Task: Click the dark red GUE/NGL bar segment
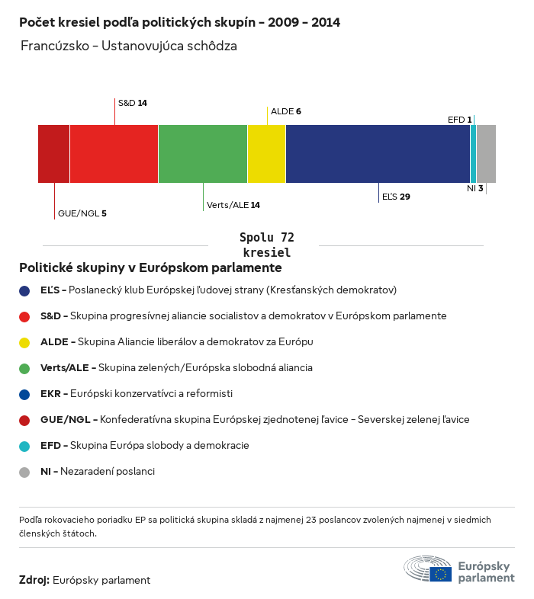pyautogui.click(x=53, y=154)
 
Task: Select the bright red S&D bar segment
pyautogui.click(x=114, y=154)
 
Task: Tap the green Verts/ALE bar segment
pyautogui.click(x=203, y=154)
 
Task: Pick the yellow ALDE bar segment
pyautogui.click(x=266, y=154)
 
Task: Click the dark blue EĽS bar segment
pyautogui.click(x=378, y=154)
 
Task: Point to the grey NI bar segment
pyautogui.click(x=486, y=154)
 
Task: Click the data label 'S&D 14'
pyautogui.click(x=132, y=102)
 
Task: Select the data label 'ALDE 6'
pyautogui.click(x=286, y=111)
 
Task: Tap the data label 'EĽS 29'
pyautogui.click(x=396, y=197)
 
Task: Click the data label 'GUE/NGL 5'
pyautogui.click(x=82, y=213)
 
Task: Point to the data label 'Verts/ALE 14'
pyautogui.click(x=233, y=205)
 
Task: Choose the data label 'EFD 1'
pyautogui.click(x=459, y=120)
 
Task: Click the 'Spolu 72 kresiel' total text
pyautogui.click(x=266, y=245)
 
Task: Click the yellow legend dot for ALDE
pyautogui.click(x=24, y=342)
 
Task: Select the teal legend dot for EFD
pyautogui.click(x=24, y=446)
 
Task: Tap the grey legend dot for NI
pyautogui.click(x=24, y=472)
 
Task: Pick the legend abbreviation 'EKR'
pyautogui.click(x=51, y=394)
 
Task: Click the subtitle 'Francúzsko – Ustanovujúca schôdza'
pyautogui.click(x=129, y=46)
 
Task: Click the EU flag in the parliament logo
pyautogui.click(x=440, y=574)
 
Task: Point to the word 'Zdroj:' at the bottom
pyautogui.click(x=34, y=580)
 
